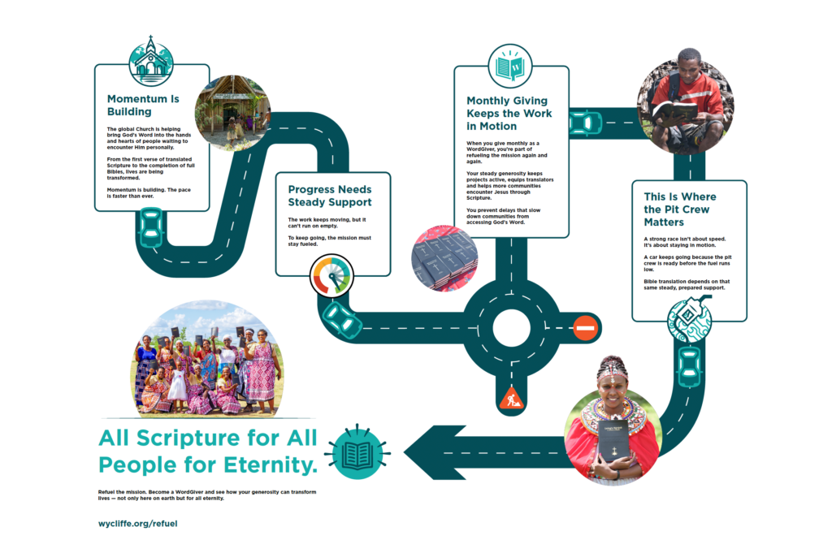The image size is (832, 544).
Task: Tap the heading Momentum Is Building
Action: [x=143, y=105]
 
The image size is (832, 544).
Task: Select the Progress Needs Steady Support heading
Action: [x=330, y=196]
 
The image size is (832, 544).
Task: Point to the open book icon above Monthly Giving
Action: [x=510, y=67]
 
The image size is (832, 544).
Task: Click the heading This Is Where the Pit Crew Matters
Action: [x=680, y=209]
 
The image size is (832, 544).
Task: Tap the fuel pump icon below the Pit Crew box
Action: [x=690, y=320]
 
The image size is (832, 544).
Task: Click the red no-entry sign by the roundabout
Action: [x=585, y=328]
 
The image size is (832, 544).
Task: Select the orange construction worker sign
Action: [x=512, y=398]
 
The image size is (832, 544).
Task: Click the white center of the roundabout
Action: [x=512, y=328]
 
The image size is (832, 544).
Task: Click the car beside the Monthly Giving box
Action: [x=586, y=123]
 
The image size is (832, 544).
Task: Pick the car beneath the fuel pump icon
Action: [x=690, y=367]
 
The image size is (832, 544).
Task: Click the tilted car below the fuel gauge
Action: [x=342, y=320]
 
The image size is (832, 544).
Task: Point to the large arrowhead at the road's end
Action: [x=435, y=453]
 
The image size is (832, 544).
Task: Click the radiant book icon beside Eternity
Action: [x=357, y=453]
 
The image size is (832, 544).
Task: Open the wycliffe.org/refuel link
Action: [x=138, y=524]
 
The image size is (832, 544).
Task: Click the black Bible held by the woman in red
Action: [x=613, y=441]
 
